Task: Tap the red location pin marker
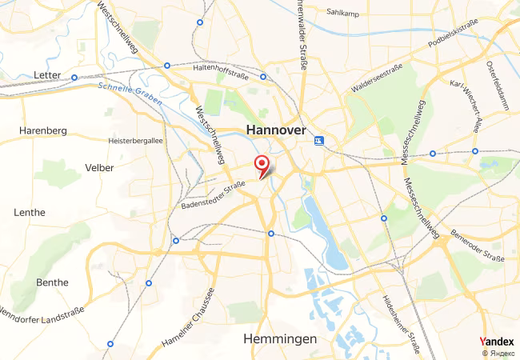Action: [x=262, y=166]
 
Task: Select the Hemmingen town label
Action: [x=279, y=339]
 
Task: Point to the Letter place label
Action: [x=48, y=75]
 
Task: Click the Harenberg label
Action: [x=42, y=130]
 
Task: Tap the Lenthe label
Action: [x=30, y=212]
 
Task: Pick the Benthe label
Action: [x=53, y=282]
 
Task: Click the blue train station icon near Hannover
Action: [x=320, y=141]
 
